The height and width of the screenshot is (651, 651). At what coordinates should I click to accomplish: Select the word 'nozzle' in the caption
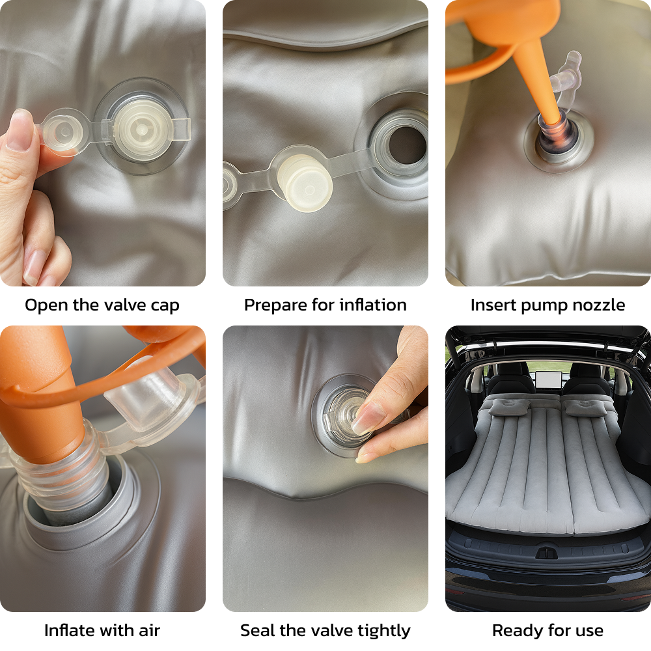(x=599, y=305)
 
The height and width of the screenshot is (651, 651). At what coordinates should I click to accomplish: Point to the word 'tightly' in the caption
(x=384, y=631)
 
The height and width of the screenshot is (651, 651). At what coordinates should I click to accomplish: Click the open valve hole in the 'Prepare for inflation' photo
(x=408, y=145)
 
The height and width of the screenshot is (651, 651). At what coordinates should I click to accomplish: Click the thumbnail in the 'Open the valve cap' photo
(x=21, y=130)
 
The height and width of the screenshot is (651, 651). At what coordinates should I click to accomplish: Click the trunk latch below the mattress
(x=546, y=553)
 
